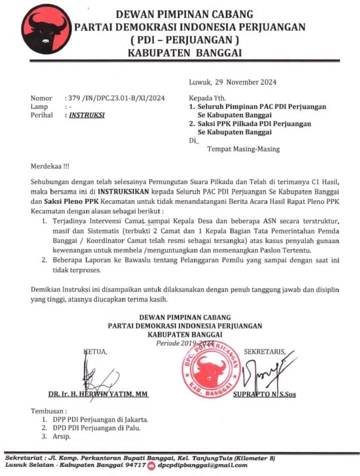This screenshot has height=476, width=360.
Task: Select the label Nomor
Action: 40,98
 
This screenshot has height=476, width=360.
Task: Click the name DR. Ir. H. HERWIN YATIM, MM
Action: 98,394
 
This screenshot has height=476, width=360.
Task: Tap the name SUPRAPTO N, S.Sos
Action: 264,394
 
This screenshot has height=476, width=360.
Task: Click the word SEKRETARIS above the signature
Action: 264,352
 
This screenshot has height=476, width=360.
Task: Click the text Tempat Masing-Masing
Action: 243,149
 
